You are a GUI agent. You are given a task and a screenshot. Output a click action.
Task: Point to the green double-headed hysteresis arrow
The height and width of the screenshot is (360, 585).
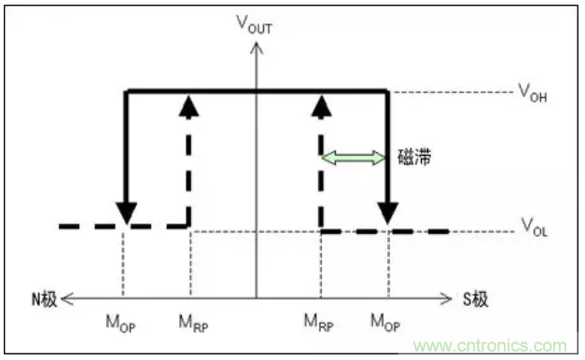354,159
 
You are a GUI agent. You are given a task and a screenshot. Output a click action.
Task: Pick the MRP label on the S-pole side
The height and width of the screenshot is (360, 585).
319,325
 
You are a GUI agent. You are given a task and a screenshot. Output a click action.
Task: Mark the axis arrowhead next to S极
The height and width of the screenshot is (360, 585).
446,298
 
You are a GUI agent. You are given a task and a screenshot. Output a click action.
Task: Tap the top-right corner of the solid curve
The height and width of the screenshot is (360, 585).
388,90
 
